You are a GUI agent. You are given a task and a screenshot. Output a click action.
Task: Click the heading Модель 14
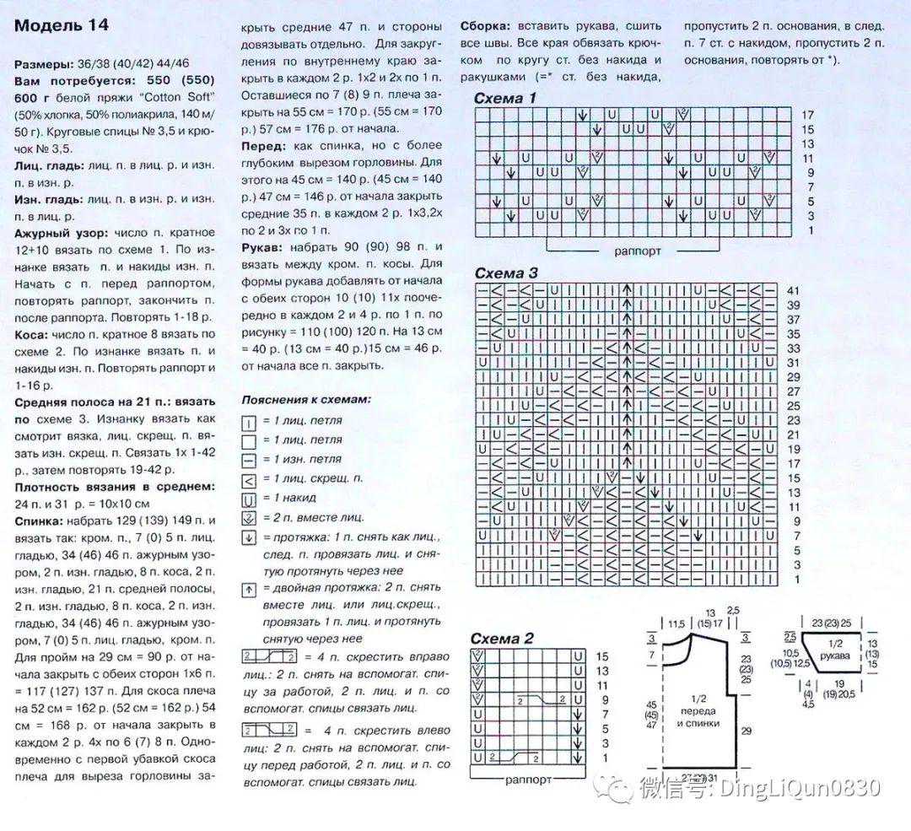(x=61, y=25)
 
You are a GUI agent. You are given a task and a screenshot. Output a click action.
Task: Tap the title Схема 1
(x=505, y=99)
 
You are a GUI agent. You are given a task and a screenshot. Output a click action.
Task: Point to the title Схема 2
(x=503, y=639)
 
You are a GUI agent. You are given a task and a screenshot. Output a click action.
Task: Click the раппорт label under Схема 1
(x=638, y=251)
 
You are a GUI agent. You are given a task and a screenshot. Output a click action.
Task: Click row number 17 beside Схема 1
(x=807, y=115)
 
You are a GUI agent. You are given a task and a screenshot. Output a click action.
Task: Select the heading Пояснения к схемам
(x=305, y=399)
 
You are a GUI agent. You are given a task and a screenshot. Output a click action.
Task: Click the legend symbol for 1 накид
(x=249, y=498)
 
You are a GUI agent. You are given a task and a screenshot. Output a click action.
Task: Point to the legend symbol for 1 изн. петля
(x=249, y=460)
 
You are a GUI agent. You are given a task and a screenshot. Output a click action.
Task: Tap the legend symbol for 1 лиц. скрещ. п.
(x=249, y=479)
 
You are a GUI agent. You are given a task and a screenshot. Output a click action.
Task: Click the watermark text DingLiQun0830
(x=798, y=788)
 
